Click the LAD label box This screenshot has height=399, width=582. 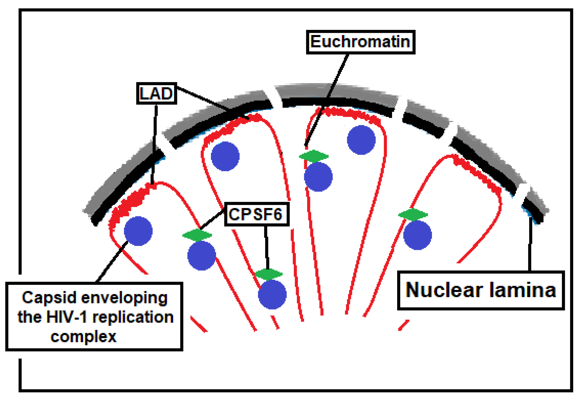point(156,93)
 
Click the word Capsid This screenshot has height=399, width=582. point(49,298)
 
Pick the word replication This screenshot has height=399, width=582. point(133,317)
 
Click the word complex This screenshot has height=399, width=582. point(84,336)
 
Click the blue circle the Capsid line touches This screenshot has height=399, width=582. point(138,231)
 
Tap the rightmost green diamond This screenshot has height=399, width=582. point(413,215)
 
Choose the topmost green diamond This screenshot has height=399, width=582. point(314,157)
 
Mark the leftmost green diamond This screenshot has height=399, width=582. point(197,235)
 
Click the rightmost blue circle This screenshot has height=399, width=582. point(417,235)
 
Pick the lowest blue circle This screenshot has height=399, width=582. point(272,294)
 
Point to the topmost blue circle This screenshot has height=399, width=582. point(361,140)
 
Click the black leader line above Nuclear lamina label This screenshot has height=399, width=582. point(530,244)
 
